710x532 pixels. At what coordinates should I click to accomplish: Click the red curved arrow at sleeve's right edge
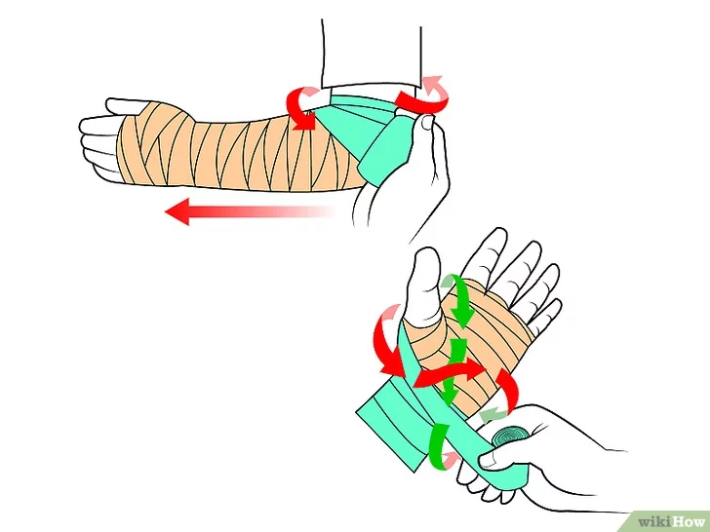click(424, 95)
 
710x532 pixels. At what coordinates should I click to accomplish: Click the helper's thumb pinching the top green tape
click(425, 126)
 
